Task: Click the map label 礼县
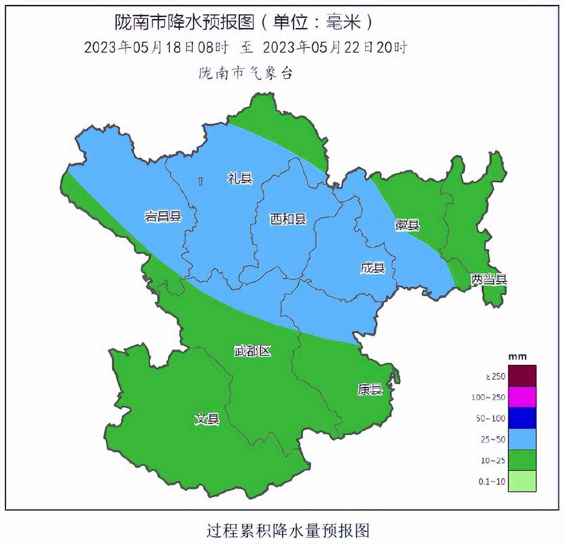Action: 240,178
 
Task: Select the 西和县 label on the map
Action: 288,219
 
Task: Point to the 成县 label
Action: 373,268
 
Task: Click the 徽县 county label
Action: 407,225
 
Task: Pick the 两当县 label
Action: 488,280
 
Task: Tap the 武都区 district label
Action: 252,351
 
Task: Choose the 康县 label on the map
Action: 370,389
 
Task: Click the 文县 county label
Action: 207,419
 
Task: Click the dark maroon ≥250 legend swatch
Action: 522,376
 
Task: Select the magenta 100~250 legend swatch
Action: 522,397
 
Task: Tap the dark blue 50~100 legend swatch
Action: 522,418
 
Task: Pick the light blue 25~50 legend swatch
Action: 522,439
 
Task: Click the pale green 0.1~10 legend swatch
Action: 522,481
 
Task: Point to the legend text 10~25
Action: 493,461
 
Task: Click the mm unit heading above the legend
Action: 517,357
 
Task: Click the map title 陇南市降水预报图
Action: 185,22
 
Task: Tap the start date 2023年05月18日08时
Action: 156,48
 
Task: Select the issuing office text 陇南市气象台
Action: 246,74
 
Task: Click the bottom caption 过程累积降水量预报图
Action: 288,530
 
